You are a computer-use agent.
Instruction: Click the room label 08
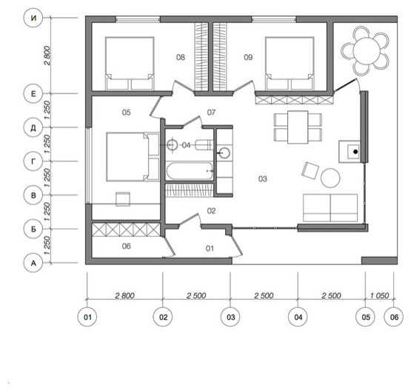pos(181,57)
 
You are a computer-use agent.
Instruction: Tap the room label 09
pos(248,57)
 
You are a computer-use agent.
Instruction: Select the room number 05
pos(126,113)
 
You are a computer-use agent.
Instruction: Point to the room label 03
pos(263,179)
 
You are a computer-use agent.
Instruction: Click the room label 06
pos(126,246)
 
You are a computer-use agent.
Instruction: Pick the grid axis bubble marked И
pos(33,18)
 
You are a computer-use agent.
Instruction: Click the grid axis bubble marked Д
pos(33,128)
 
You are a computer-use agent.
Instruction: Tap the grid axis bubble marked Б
pos(33,229)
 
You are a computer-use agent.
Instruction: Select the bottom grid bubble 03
pos(230,317)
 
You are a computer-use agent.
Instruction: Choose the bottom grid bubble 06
pos(394,317)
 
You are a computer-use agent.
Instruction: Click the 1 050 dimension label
pos(379,295)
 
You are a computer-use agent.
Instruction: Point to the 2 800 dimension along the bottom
pos(124,295)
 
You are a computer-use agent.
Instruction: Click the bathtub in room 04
pos(190,171)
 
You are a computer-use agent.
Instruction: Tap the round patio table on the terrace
pos(366,51)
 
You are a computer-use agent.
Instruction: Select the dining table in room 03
pos(298,127)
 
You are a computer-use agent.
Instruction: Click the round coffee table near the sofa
pos(330,178)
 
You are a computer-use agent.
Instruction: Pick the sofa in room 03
pos(330,208)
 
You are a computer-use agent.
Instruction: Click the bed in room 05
pos(133,157)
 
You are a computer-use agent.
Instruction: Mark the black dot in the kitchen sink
pos(355,152)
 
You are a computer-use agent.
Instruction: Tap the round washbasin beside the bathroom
pos(224,153)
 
